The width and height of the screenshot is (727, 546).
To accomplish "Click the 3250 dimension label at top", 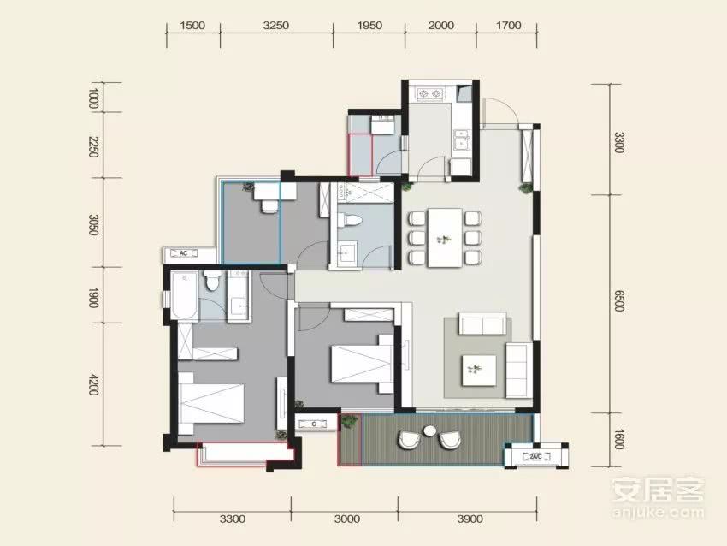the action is [276, 25].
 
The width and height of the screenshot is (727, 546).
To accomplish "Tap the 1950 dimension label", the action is [369, 25].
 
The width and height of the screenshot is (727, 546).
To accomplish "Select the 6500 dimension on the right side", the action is [619, 301].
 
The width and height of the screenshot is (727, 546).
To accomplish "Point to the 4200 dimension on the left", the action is [94, 384].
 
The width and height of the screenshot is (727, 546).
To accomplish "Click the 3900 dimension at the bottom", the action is [470, 519].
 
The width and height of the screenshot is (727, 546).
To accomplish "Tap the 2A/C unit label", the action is [535, 456].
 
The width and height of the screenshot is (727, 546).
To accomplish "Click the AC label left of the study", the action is [183, 253].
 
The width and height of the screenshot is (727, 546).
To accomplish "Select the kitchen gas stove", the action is [430, 94].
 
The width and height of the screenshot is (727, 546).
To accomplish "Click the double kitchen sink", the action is [461, 140].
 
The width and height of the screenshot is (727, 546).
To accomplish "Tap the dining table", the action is [445, 238].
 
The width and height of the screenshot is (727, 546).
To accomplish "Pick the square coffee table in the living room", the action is [478, 371].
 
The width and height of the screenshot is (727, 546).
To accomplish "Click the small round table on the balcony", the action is [430, 430].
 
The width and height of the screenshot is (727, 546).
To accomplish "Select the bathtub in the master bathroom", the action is [184, 295].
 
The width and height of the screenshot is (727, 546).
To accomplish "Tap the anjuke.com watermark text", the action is [658, 512].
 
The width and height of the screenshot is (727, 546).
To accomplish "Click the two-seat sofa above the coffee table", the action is [482, 323].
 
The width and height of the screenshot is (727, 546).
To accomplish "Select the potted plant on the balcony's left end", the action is [349, 422].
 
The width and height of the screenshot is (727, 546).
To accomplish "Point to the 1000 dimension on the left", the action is [94, 98].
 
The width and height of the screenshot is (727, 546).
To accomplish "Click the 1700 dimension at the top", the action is [509, 25].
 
